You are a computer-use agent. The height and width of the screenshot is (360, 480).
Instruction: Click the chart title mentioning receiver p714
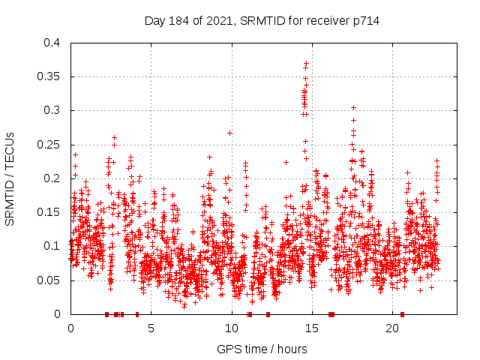(262, 21)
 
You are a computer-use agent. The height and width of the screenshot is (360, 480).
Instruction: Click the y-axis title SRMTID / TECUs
(10, 178)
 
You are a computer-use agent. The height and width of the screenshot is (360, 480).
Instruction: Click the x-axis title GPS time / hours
(262, 349)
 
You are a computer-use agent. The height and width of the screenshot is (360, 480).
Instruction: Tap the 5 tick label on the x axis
(151, 328)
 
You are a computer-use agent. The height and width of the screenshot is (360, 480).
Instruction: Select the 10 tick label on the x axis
(231, 328)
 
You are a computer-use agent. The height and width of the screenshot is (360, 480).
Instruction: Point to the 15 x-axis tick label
(311, 328)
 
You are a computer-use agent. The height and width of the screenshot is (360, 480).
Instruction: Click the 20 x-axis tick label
(392, 328)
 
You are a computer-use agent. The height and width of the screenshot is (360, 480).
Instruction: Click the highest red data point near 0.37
(306, 63)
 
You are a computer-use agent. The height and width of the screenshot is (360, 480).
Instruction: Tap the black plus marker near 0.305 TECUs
(353, 107)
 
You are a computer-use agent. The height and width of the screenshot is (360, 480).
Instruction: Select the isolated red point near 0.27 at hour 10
(229, 133)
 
